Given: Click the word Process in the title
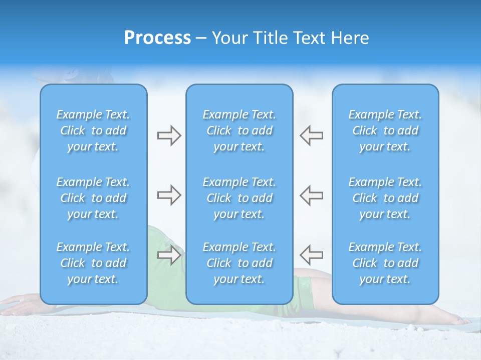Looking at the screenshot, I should coord(157,38).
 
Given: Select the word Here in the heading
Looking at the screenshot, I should coord(350,38).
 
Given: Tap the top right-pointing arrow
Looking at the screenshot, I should coord(169,135).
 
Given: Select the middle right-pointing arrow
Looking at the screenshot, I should coord(169,195).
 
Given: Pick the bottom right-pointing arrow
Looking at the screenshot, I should coord(169,255).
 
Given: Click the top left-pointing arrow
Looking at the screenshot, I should coord(311,135).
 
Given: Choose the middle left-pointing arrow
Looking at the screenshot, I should coord(311,195).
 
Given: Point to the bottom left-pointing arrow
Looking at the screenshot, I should coord(311,255).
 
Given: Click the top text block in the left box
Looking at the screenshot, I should coord(93,130).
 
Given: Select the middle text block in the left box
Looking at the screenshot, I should coord(93,198).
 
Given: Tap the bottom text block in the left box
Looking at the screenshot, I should coord(93,263).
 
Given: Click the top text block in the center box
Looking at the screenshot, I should coord(239,130).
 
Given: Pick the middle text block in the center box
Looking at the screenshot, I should coord(239,198).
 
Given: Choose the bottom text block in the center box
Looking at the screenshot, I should coord(239,263).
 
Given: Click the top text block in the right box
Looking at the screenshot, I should coord(385,130).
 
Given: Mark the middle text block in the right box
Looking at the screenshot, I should coord(385,198).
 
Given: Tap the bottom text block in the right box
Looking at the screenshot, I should coord(385,263).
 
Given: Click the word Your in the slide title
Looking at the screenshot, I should coord(229,38).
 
